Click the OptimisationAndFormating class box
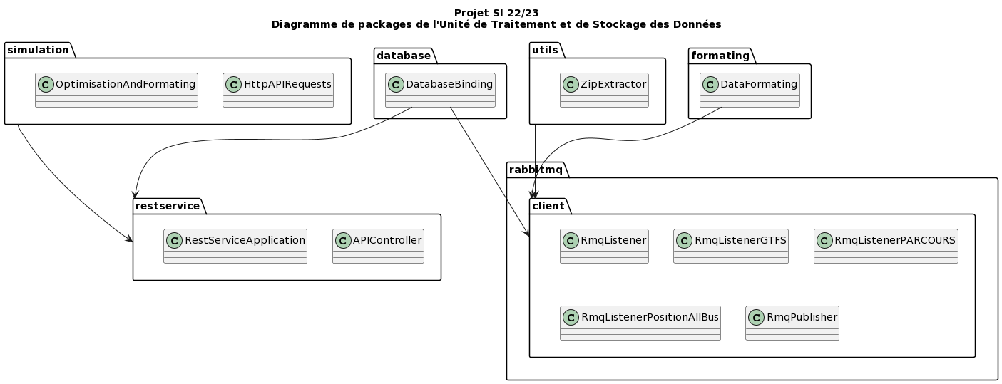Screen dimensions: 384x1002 [x=116, y=90]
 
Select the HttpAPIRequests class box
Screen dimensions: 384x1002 [x=277, y=90]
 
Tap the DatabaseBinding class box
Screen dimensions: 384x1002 [x=440, y=90]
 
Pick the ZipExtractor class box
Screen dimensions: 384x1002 [x=604, y=90]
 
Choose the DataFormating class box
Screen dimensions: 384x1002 [x=750, y=90]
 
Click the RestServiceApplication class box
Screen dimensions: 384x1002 [x=235, y=246]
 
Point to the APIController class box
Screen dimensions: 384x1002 [x=378, y=246]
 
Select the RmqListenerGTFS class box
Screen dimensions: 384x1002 [x=731, y=246]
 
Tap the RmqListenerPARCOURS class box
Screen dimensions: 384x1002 [x=886, y=246]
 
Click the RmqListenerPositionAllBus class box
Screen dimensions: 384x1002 [x=640, y=323]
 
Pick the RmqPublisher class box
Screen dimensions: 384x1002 [x=792, y=323]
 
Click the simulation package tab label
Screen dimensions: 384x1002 [x=38, y=50]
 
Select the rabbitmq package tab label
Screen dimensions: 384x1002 [x=535, y=170]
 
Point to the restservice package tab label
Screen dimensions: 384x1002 [x=168, y=206]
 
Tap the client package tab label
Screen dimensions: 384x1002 [x=549, y=206]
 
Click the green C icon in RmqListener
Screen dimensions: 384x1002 [x=571, y=240]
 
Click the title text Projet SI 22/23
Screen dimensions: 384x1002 [x=496, y=13]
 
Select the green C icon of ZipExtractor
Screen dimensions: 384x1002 [x=571, y=84]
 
